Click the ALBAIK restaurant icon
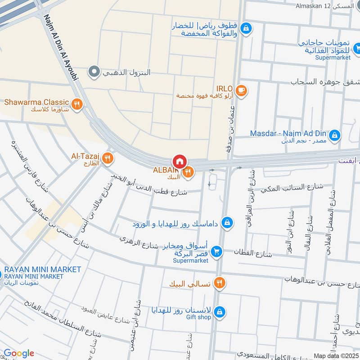coord(188,171)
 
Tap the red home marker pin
coord(179,162)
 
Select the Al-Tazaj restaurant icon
coord(107,158)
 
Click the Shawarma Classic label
coord(36,102)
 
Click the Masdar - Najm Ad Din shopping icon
coord(334,135)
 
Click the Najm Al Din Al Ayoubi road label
coord(62,47)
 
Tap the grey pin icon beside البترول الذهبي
coord(94,71)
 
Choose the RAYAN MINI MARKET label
coord(42,270)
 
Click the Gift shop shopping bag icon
coord(219,311)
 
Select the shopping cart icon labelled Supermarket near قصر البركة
coord(216,252)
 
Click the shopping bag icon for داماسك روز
coord(228,223)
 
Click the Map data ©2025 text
coord(336,356)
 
